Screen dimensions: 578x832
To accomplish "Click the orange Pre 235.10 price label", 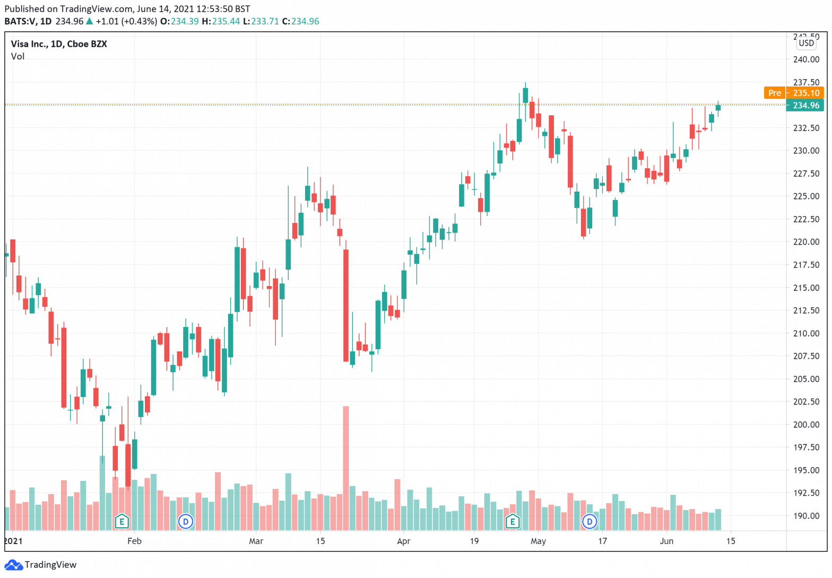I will (x=793, y=93).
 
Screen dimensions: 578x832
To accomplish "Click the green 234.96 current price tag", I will (x=805, y=105).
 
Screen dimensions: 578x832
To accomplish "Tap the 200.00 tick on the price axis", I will (x=806, y=425).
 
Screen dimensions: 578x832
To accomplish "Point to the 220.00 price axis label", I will (x=806, y=242).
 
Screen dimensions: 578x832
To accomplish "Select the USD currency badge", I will (x=806, y=43).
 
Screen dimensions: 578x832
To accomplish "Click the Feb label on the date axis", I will (x=135, y=541).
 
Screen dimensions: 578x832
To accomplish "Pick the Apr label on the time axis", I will (x=404, y=541).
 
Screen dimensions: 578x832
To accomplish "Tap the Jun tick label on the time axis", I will (x=666, y=541).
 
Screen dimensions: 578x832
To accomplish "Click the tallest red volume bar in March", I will (x=346, y=467).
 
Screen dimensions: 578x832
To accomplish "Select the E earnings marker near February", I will (x=122, y=521).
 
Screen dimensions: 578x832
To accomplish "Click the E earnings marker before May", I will (x=513, y=521).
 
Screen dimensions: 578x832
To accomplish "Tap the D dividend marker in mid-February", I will (x=186, y=521).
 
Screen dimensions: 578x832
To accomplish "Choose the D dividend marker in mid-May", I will (x=590, y=521).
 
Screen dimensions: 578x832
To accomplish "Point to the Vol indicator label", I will (x=18, y=56).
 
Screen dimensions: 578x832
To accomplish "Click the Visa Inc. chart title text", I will (x=59, y=44).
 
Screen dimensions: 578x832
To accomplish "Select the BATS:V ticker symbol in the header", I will (x=20, y=21).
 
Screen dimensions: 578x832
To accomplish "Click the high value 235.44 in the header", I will (x=226, y=21).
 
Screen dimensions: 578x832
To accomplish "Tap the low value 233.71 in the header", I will (x=265, y=21).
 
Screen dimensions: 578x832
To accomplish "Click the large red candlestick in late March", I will (x=346, y=305).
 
